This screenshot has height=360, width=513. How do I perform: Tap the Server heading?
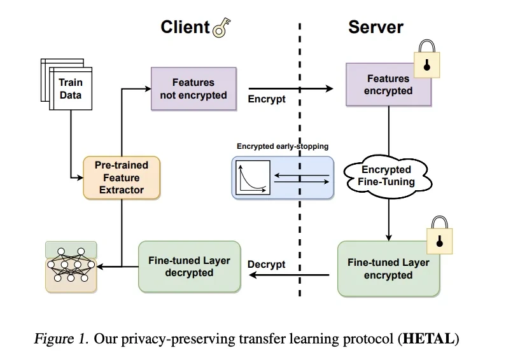[376, 27]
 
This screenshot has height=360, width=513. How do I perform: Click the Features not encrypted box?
[193, 89]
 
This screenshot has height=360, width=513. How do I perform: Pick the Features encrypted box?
[388, 85]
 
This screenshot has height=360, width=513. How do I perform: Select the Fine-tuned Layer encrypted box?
[388, 268]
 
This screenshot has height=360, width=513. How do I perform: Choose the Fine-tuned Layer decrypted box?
[189, 267]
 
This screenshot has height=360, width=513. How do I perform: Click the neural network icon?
[71, 266]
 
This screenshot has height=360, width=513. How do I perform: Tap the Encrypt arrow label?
[267, 99]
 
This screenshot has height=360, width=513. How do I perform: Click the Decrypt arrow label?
[267, 264]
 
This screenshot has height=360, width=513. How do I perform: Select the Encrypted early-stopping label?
[283, 146]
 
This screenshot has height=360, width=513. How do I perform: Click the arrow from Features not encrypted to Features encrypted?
[290, 88]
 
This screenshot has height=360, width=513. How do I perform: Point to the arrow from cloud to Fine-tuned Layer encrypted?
[388, 216]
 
